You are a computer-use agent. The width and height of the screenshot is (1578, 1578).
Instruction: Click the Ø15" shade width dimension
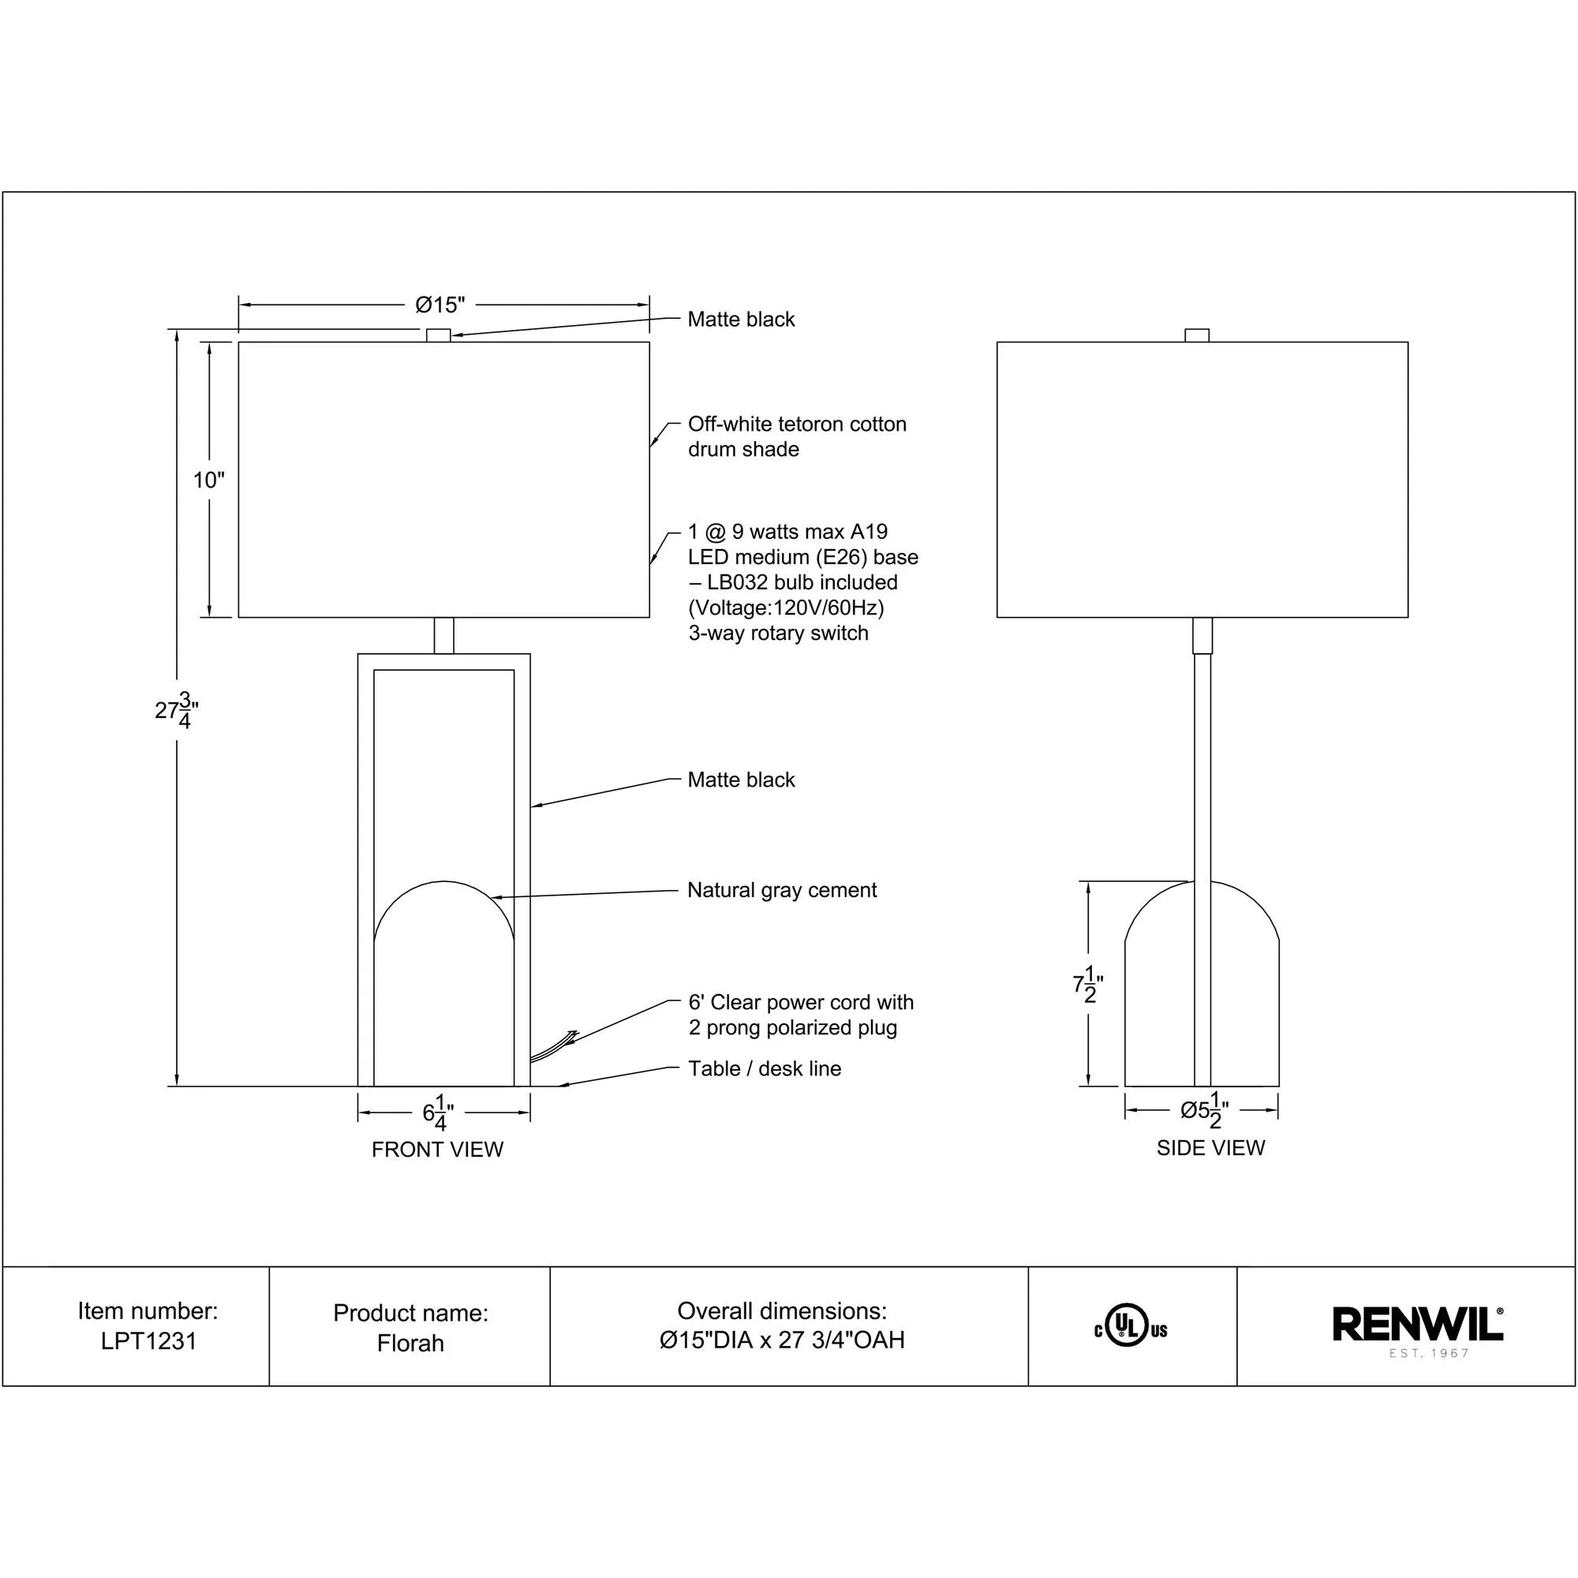click(439, 305)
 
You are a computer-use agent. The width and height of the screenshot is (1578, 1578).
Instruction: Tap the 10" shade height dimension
click(208, 481)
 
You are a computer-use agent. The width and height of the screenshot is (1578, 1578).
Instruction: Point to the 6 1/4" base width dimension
click(439, 1114)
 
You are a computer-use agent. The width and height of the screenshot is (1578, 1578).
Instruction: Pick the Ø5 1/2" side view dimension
click(1204, 1111)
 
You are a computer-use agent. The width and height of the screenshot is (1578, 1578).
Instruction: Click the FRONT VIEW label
click(437, 1150)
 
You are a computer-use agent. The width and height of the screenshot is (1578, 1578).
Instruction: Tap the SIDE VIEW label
click(1210, 1148)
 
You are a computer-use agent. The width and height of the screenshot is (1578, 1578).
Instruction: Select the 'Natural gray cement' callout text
click(782, 890)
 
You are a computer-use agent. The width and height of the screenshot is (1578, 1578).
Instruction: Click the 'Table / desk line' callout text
click(765, 1069)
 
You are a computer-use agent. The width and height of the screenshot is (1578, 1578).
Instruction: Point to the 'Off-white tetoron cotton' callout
click(796, 424)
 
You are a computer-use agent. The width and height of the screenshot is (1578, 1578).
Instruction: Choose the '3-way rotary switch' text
click(778, 634)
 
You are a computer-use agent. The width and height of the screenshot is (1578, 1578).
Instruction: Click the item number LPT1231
click(148, 1342)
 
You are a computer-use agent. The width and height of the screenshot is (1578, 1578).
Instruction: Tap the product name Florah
click(410, 1344)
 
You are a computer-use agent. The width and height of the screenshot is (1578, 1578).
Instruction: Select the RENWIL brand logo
click(1418, 1325)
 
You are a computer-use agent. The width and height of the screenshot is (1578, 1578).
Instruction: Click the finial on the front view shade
click(439, 335)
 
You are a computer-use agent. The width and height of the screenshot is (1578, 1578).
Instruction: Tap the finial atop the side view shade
click(1197, 335)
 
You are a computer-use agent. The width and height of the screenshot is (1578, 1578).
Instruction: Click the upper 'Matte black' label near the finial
click(741, 320)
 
